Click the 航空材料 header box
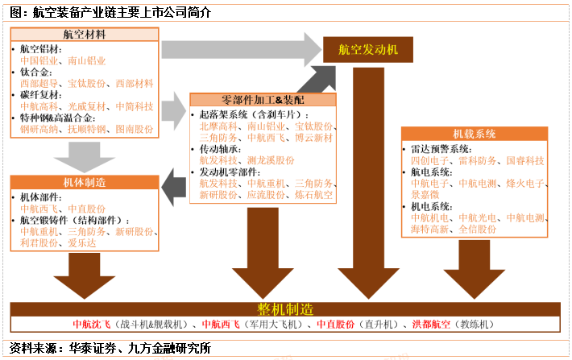[x=85, y=34]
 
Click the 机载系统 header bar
[x=475, y=134]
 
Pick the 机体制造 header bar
[x=85, y=183]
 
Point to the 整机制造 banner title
[x=285, y=309]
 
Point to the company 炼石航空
[x=315, y=195]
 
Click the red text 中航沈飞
[x=93, y=325]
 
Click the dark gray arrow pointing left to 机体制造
[x=175, y=185]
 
